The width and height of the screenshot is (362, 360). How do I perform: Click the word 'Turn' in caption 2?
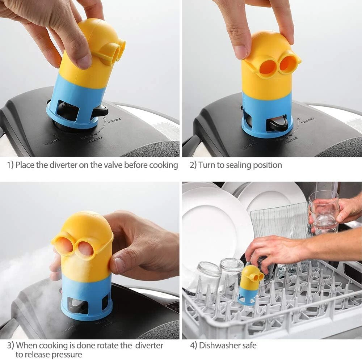207,165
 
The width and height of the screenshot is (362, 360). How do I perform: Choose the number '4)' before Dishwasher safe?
193,346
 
